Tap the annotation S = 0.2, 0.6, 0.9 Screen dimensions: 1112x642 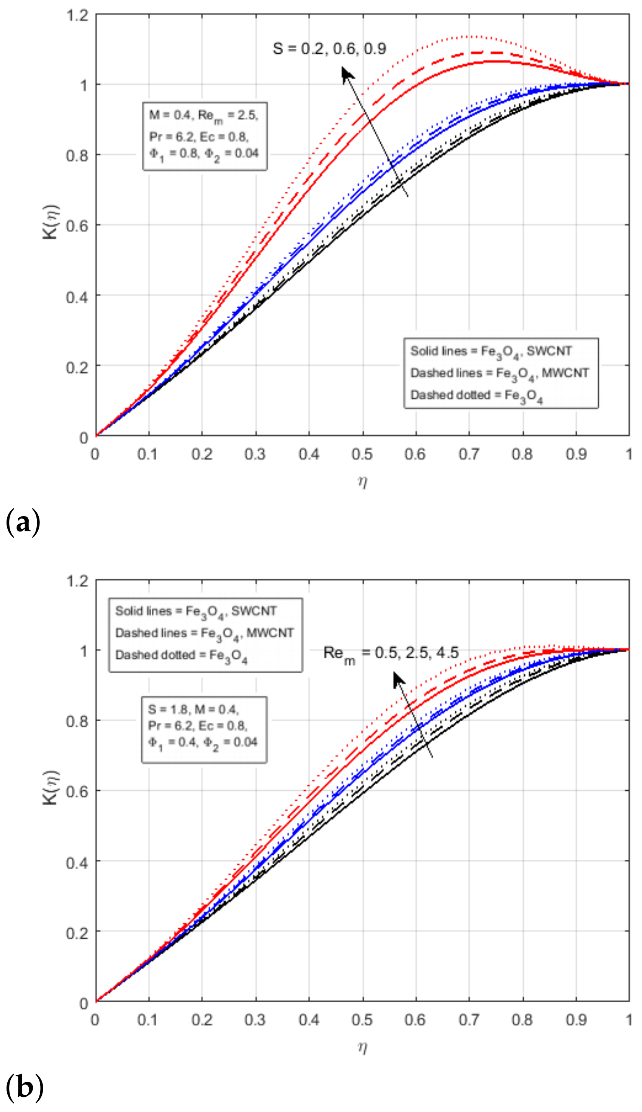pyautogui.click(x=329, y=49)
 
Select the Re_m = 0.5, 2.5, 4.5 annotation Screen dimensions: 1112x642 pyautogui.click(x=391, y=653)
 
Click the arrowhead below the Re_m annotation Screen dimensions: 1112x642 pyautogui.click(x=398, y=678)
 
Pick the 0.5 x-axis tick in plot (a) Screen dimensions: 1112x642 pyautogui.click(x=362, y=454)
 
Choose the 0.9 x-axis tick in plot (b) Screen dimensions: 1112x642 pyautogui.click(x=576, y=1020)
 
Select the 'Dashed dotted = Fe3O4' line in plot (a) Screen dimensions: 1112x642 pyautogui.click(x=476, y=395)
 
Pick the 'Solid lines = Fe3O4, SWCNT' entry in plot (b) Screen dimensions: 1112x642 pyautogui.click(x=196, y=611)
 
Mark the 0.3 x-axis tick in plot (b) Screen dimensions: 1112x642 pyautogui.click(x=255, y=1020)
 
